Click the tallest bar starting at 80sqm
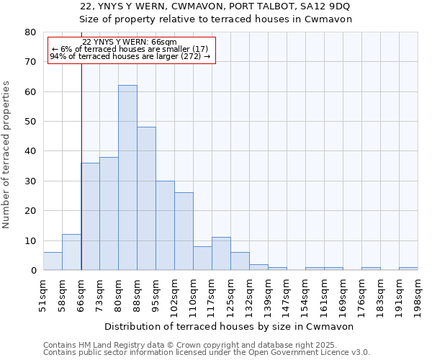tap(127, 178)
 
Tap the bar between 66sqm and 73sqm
tap(90, 216)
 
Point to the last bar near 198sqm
tap(408, 269)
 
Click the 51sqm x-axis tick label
tap(43, 294)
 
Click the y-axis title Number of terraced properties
tap(7, 154)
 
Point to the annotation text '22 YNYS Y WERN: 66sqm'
tap(130, 42)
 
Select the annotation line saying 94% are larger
tap(130, 56)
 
